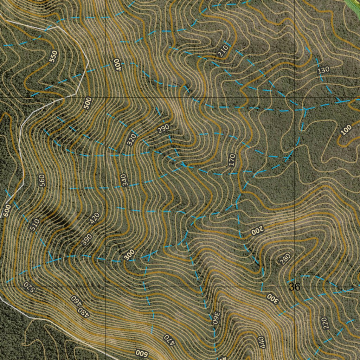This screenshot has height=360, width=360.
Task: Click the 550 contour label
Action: click(x=53, y=57)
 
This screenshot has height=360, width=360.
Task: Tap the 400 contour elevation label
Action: click(x=117, y=65)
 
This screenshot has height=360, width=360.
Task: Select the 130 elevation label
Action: click(x=323, y=70)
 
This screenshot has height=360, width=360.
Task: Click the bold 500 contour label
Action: click(x=88, y=103)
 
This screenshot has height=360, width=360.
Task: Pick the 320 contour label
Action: click(x=131, y=140)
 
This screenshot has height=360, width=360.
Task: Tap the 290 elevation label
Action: click(x=163, y=129)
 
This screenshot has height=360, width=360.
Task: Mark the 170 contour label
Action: click(x=231, y=160)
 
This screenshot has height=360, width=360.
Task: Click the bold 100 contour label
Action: click(x=346, y=130)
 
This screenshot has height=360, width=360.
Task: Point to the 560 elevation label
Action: click(x=42, y=180)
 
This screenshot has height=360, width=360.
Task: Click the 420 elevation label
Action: click(x=95, y=218)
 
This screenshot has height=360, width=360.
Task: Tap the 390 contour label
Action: click(x=86, y=239)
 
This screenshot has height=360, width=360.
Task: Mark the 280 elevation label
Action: click(x=285, y=259)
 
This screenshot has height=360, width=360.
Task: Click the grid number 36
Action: click(x=295, y=287)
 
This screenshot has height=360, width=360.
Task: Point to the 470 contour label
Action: click(x=169, y=339)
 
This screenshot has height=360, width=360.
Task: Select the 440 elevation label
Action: click(x=262, y=342)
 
